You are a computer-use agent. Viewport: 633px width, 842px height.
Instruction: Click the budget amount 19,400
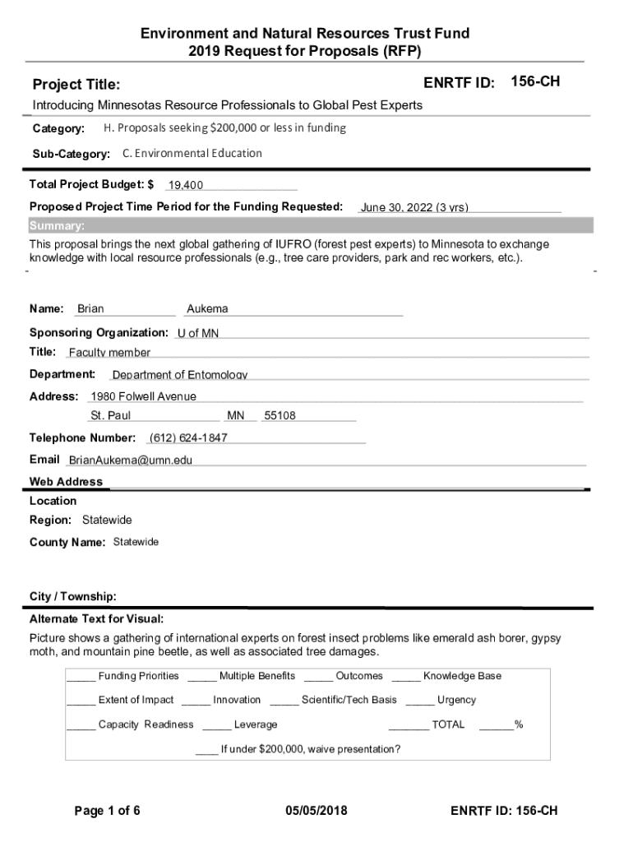coord(186,185)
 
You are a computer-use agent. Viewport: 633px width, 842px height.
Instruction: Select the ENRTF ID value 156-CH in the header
coord(535,81)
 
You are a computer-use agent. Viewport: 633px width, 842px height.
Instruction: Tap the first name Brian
coord(90,309)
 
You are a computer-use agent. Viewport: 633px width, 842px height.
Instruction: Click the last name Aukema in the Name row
coord(207,309)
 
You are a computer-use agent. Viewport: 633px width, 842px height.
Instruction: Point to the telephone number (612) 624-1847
coord(188,437)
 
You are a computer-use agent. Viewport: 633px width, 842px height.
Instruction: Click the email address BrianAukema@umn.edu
coord(130,460)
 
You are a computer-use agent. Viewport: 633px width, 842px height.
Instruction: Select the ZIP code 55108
coord(280,416)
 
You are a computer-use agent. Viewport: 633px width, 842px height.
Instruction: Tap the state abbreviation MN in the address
coord(236,416)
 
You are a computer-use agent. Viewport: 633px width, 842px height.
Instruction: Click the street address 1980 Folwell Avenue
coord(144,396)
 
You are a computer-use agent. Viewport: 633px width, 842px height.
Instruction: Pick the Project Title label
coord(76,85)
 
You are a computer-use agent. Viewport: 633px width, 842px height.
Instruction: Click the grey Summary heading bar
coord(310,226)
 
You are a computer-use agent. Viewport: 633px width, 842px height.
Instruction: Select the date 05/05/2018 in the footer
coord(316,811)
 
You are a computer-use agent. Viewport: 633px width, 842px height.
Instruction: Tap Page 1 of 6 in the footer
coord(108,811)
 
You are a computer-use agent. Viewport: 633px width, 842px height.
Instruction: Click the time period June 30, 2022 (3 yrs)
coord(414,207)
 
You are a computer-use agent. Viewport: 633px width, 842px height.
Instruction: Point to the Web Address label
coord(67,482)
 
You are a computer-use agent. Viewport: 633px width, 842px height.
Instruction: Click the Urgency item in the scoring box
coord(456,700)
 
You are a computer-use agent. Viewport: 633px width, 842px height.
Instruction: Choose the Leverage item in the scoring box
coord(256,724)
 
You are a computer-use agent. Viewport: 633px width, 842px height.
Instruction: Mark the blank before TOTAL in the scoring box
coord(409,724)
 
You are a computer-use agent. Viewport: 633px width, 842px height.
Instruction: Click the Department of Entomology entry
coord(180,375)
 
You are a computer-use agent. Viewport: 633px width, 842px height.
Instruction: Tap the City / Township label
coord(73,596)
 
